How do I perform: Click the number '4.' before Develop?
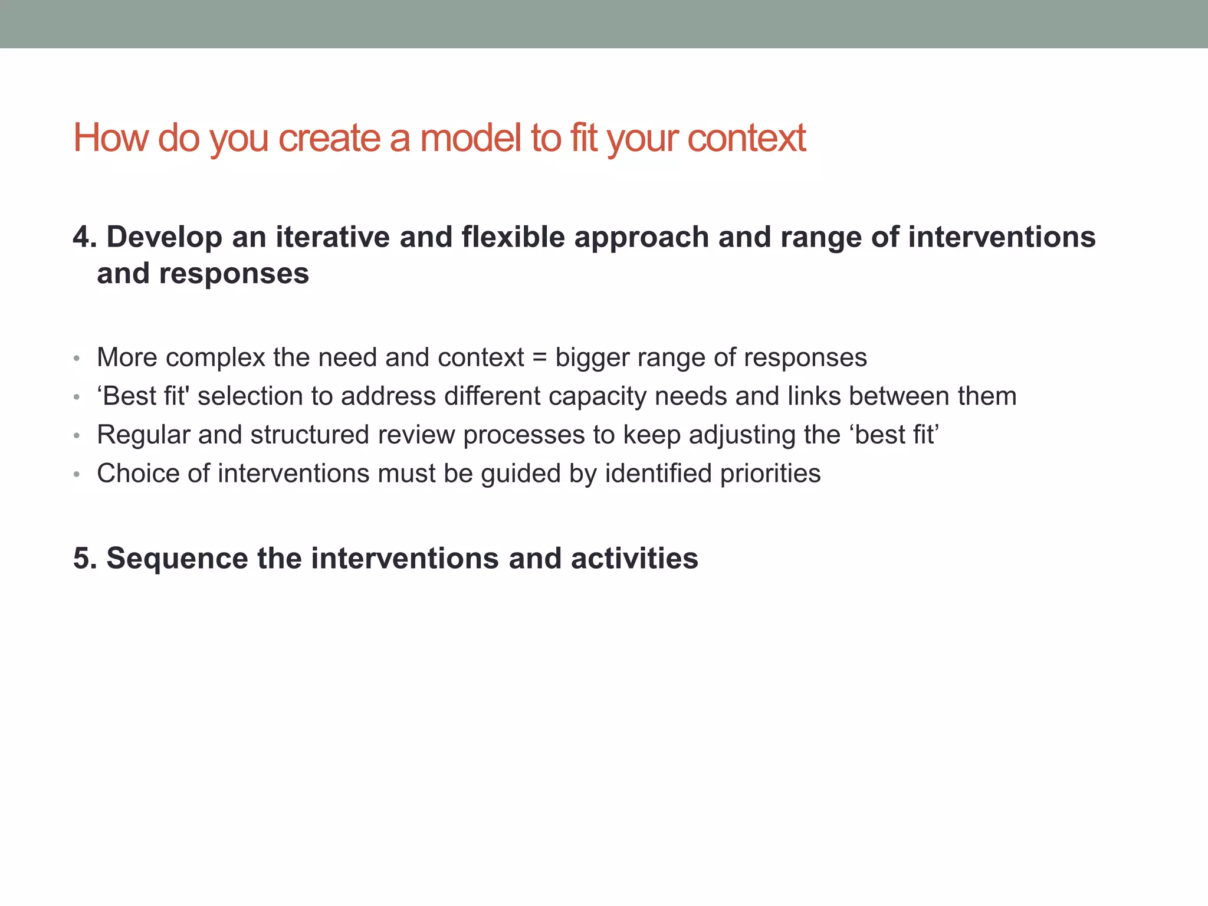85,237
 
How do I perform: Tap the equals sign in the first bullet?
539,357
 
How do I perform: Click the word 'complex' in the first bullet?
215,357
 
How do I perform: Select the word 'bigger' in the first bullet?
592,357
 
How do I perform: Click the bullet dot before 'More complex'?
76,359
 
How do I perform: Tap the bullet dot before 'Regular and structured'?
76,436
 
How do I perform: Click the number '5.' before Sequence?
85,559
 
